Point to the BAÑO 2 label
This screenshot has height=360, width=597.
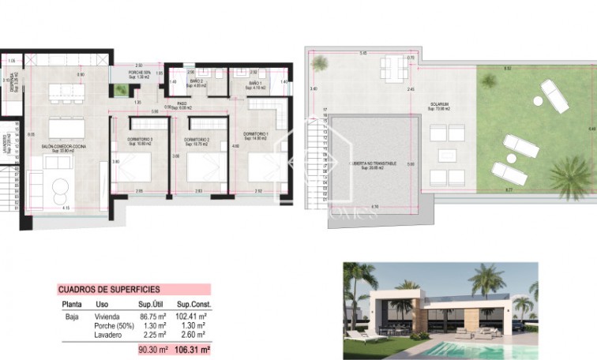click(197, 83)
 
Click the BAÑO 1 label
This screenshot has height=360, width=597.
click(254, 84)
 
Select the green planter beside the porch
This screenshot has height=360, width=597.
click(121, 91)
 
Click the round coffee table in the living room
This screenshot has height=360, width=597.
click(59, 188)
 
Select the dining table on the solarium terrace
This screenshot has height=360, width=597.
click(392, 65)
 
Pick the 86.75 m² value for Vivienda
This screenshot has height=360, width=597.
click(152, 317)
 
